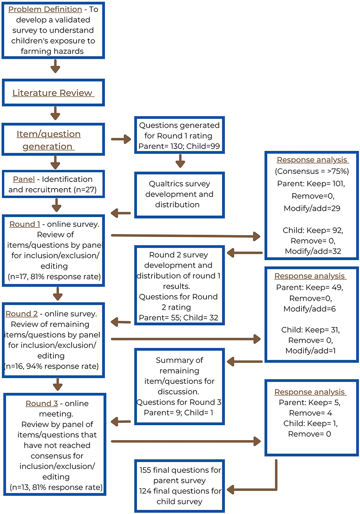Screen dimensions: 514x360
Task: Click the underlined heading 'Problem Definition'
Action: [x=45, y=9]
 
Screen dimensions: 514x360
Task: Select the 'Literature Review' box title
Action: [x=53, y=93]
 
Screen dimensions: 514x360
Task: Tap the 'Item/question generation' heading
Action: [x=48, y=140]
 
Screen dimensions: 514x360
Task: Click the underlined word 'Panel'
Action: [x=24, y=179]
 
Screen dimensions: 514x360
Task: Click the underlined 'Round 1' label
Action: [x=25, y=224]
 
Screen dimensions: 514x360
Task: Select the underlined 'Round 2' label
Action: [x=22, y=314]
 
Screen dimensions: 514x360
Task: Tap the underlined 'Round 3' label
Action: [x=42, y=404]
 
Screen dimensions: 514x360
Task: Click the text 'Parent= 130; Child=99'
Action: [x=179, y=146]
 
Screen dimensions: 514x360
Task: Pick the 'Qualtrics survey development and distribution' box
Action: [x=179, y=194]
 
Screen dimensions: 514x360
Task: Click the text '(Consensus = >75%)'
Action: [x=312, y=171]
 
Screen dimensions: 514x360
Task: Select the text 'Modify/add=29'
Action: [x=312, y=209]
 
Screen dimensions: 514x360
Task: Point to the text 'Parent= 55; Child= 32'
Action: [x=179, y=318]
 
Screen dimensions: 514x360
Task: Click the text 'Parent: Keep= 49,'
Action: [x=310, y=287]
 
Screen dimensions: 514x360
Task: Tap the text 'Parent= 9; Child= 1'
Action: [x=179, y=412]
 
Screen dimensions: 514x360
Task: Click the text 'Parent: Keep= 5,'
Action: [x=310, y=402]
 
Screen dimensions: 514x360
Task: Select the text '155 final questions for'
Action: [x=180, y=470]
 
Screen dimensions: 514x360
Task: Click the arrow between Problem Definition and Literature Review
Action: [x=55, y=66]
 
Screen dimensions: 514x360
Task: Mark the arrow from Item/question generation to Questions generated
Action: [x=121, y=139]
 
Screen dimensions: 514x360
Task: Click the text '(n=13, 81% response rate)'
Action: [x=56, y=487]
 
